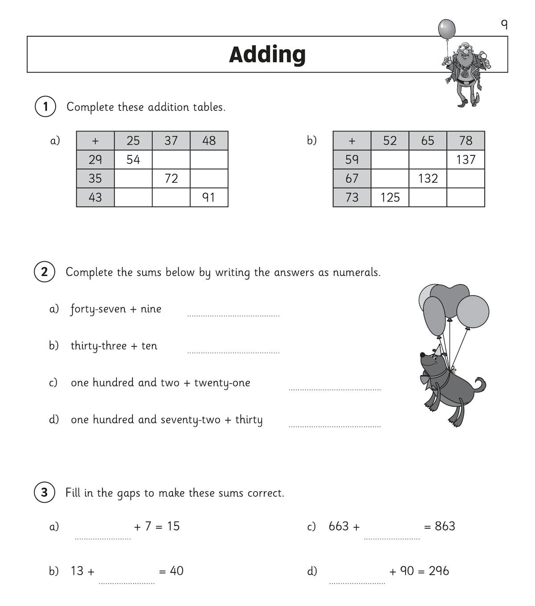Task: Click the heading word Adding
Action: (x=267, y=54)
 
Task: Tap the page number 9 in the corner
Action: (x=504, y=24)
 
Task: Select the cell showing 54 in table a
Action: (x=133, y=160)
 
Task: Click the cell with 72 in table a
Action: (x=171, y=178)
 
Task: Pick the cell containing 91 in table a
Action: (x=209, y=197)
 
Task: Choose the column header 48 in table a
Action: (x=209, y=141)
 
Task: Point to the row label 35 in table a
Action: (x=95, y=178)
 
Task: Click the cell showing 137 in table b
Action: (x=465, y=160)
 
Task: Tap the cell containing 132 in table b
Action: (x=428, y=178)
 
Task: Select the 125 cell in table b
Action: (x=390, y=197)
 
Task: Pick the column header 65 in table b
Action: (x=428, y=141)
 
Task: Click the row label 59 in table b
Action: (x=352, y=160)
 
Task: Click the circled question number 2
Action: (x=44, y=272)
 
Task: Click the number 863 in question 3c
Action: (x=444, y=526)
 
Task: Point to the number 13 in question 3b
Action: (x=77, y=571)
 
